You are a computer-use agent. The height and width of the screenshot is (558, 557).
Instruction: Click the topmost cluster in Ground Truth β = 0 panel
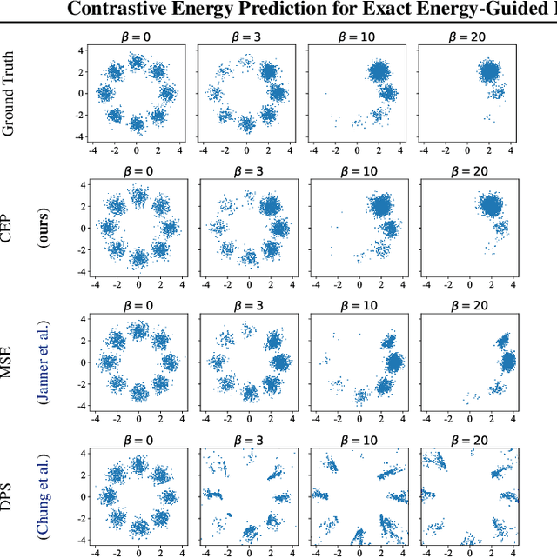[x=138, y=62]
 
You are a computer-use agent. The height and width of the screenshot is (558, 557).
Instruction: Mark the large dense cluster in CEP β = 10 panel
[x=381, y=206]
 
